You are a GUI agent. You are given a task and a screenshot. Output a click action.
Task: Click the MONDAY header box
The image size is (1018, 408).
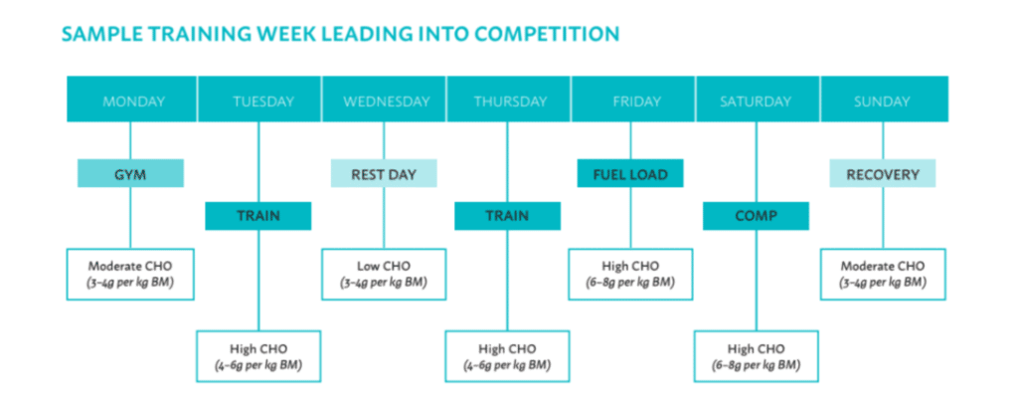tap(132, 100)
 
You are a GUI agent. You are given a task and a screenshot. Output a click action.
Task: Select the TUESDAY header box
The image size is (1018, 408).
tap(259, 100)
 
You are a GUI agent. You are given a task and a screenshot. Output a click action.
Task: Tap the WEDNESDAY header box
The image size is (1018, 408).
tap(385, 100)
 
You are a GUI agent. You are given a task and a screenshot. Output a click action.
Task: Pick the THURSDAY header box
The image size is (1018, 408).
tap(509, 100)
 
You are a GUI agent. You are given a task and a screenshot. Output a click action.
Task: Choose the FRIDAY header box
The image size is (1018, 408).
tap(633, 100)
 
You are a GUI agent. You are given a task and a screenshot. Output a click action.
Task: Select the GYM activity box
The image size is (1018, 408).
tap(130, 173)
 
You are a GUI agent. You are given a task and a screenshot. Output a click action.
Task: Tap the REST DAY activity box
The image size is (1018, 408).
tap(384, 173)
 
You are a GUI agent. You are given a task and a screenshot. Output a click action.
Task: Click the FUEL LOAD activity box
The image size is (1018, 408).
tap(629, 173)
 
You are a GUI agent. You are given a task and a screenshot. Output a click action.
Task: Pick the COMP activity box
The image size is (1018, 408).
tap(756, 216)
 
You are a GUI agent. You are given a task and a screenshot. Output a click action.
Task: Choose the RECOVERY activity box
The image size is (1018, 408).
tap(883, 173)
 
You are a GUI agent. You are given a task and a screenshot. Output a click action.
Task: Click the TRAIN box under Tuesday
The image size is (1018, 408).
tap(258, 216)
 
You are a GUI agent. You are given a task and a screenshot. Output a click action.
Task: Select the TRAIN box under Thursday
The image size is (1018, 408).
tap(507, 216)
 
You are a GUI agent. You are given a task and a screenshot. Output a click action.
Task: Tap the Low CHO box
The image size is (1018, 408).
tap(384, 275)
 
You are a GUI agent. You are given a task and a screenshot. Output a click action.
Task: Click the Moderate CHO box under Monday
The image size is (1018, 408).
tap(130, 275)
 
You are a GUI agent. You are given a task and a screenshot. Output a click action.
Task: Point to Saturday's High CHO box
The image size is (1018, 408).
tap(756, 356)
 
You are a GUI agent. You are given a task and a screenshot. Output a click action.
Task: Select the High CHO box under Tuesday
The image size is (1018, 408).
tap(258, 356)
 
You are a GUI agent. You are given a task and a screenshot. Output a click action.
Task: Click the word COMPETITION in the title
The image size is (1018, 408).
tap(547, 34)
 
